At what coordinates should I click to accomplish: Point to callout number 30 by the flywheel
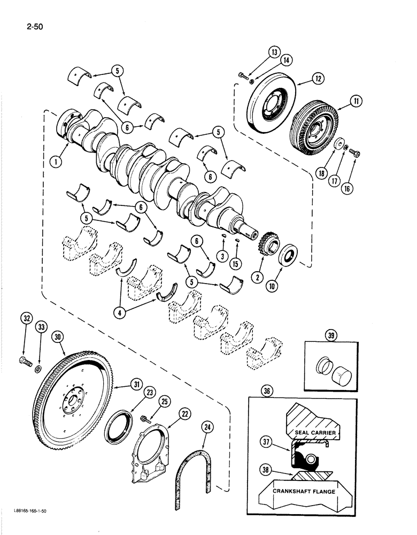tap(58, 337)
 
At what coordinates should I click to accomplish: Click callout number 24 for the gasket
tap(206, 426)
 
